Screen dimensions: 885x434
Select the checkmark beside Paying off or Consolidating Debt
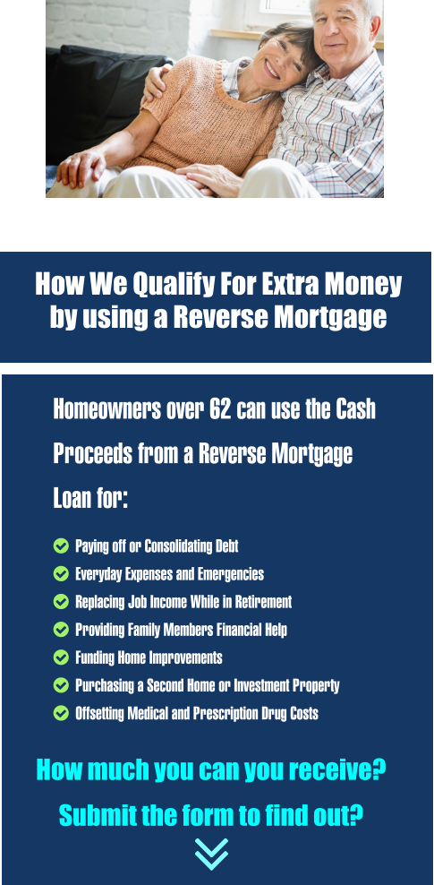[x=61, y=546]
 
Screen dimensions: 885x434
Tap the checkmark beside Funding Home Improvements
[x=61, y=657]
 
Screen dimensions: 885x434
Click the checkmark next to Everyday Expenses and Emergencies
[x=61, y=573]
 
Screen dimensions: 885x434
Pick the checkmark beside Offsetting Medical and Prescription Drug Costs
[x=61, y=713]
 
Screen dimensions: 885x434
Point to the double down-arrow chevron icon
[x=212, y=853]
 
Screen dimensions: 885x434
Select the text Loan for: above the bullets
[x=90, y=498]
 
